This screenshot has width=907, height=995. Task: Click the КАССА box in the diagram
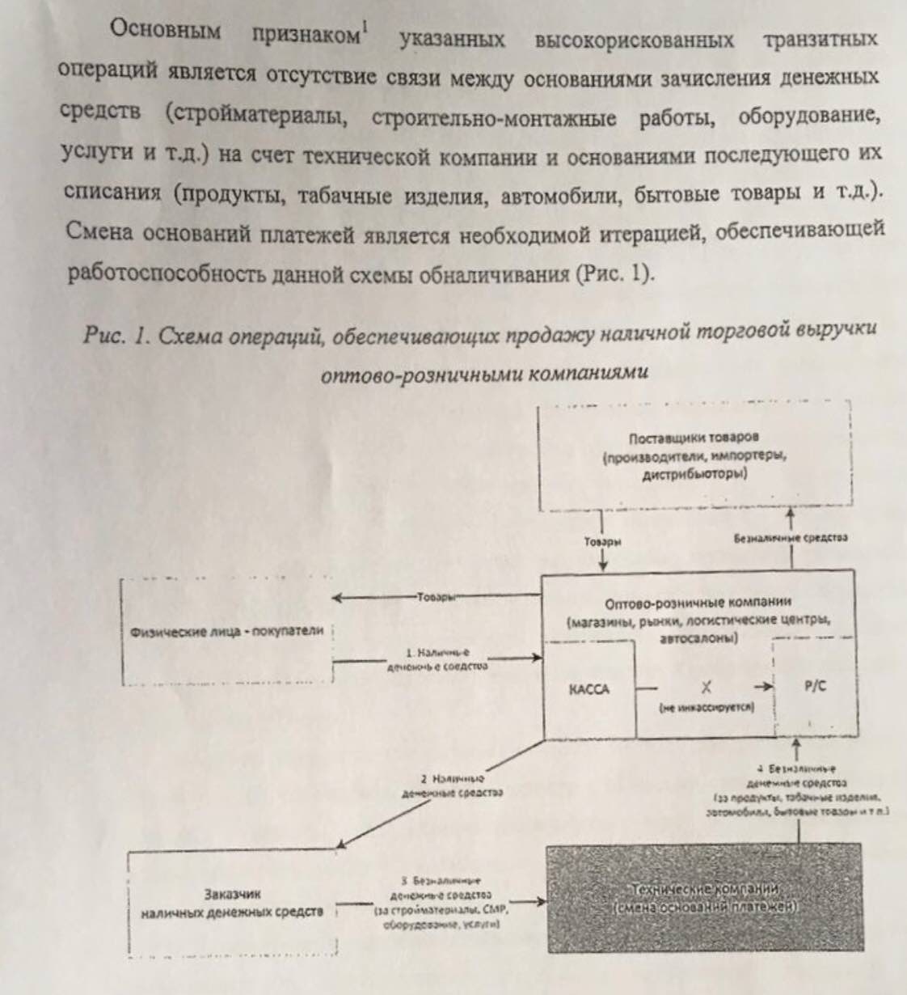point(588,689)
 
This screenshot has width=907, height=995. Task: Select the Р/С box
point(815,686)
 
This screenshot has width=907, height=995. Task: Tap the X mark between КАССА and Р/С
point(706,687)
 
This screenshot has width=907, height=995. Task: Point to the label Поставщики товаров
point(694,439)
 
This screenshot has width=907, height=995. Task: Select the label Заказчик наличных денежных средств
point(232,903)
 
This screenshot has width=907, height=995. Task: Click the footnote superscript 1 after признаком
point(365,31)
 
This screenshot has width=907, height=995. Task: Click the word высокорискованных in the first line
point(634,40)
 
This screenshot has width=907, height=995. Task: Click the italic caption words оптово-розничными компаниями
point(484,374)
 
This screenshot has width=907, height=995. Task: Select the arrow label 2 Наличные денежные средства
point(452,785)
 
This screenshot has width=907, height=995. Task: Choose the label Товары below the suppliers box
point(602,541)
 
